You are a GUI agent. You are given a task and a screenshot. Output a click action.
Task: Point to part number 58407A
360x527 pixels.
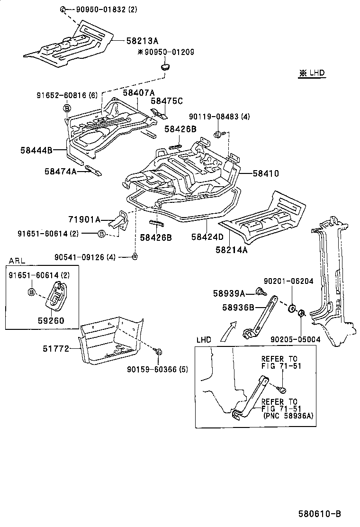point(139,92)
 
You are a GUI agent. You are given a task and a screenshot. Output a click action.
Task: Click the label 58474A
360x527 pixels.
point(60,171)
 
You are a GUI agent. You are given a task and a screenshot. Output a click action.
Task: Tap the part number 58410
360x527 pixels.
point(265,174)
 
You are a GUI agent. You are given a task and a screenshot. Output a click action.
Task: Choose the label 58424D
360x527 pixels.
point(207,236)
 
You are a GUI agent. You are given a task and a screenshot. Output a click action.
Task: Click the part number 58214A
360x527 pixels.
point(232,250)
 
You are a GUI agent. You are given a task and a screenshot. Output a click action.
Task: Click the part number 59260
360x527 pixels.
point(52,320)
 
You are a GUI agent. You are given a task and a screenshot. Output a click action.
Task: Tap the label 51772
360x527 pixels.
point(57,349)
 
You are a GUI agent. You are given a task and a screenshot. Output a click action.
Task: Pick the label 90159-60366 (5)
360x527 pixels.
point(158,370)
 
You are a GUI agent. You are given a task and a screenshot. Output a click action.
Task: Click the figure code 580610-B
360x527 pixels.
point(319,514)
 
